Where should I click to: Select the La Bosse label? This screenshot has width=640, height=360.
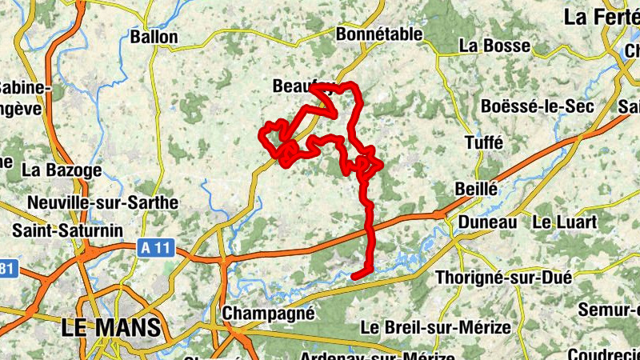coord(495,46)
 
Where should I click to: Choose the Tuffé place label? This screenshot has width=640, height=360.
coord(484,142)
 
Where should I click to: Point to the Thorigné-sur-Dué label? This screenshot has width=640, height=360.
coord(503,278)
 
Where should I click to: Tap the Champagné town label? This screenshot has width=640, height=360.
coord(268,314)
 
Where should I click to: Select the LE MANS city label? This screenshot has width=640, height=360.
coord(111,327)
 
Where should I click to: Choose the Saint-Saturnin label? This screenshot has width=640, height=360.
coord(68,230)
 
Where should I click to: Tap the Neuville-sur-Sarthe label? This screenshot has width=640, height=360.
coord(102,202)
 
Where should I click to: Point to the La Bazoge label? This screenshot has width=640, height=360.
coord(62,170)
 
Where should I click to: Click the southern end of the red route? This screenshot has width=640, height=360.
coord(355,276)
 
